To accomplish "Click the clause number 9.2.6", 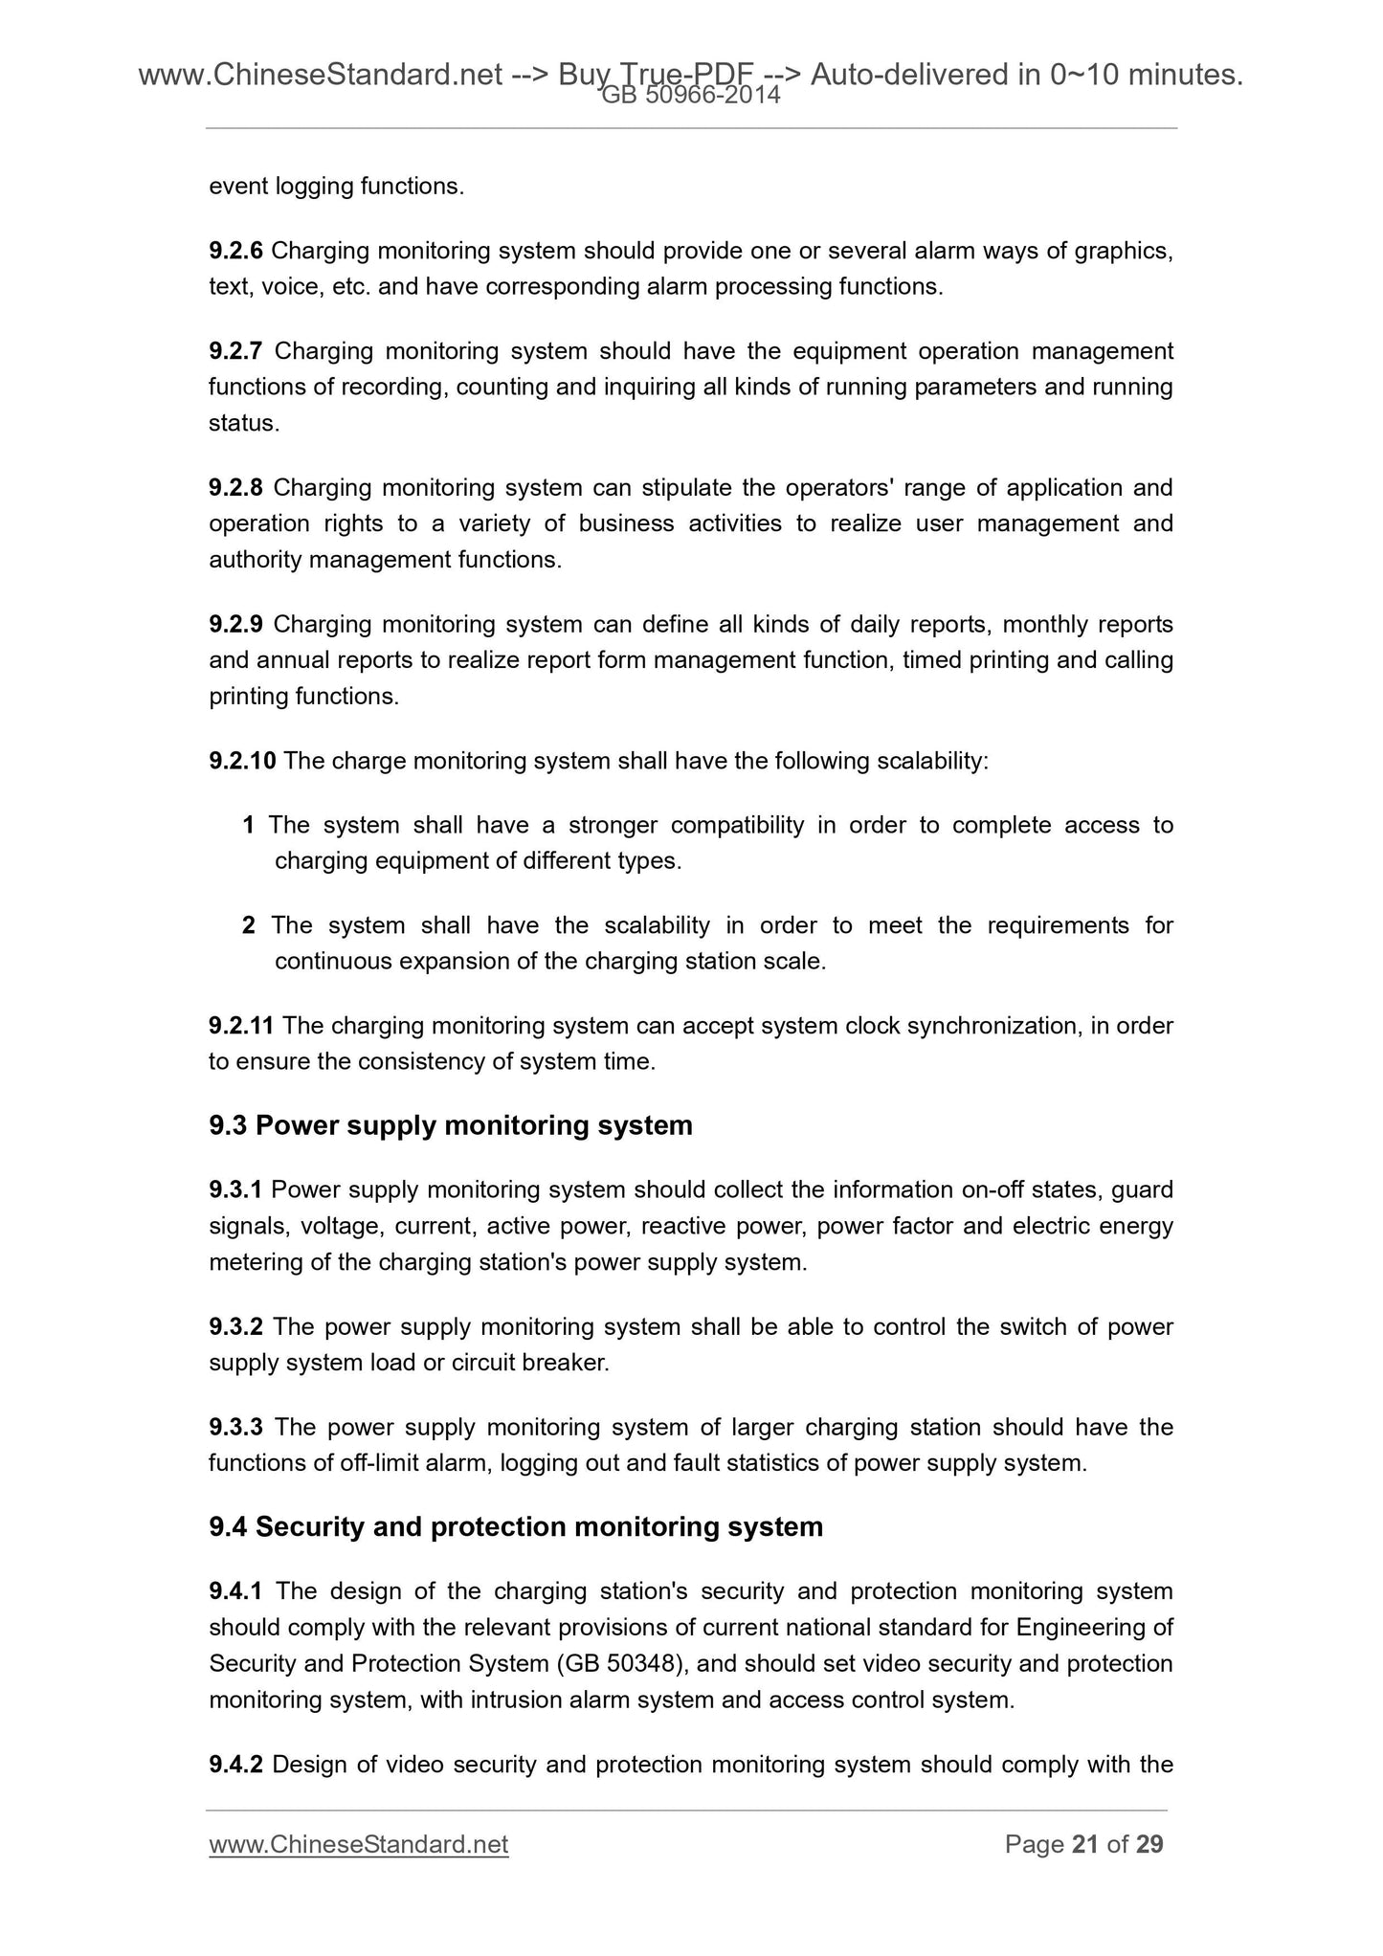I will click(x=236, y=252).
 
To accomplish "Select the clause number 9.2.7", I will click(x=236, y=352).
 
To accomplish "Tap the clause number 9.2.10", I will click(x=242, y=762).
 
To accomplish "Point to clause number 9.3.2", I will click(x=236, y=1327).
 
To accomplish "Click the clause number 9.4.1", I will click(x=236, y=1591).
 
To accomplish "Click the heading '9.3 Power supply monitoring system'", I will click(x=450, y=1125).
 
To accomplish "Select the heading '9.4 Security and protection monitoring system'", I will click(x=516, y=1526).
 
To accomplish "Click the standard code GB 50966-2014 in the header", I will click(x=690, y=95).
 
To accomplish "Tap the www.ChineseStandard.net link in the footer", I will click(x=358, y=1844).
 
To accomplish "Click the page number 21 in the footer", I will click(x=1085, y=1844).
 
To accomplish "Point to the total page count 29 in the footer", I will click(x=1149, y=1844).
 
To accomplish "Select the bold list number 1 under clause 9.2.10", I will click(x=249, y=826).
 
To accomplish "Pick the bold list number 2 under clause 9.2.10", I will click(x=249, y=926).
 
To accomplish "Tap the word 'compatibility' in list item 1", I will click(x=737, y=826).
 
